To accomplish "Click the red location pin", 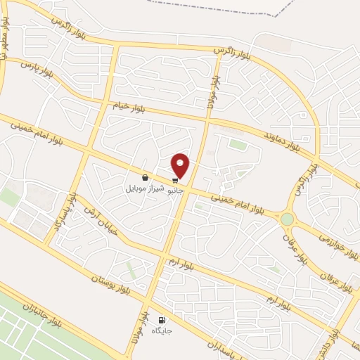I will click(181, 166).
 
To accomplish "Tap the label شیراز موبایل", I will click(145, 188).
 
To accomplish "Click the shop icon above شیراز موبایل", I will click(145, 178).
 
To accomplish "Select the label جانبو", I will click(174, 189).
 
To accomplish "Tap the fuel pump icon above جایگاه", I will click(163, 320).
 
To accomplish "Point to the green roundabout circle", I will click(287, 219).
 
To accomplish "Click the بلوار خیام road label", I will click(129, 109).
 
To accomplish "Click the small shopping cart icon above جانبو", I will click(174, 180).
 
